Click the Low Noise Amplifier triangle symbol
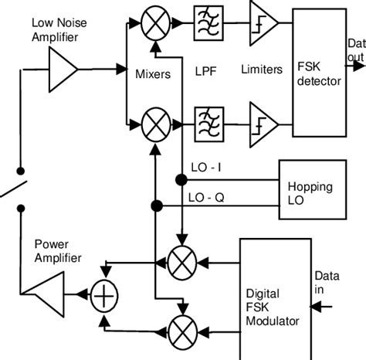pos(62,70)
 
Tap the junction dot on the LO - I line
pos(181,179)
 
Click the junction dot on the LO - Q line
pos(156,205)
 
